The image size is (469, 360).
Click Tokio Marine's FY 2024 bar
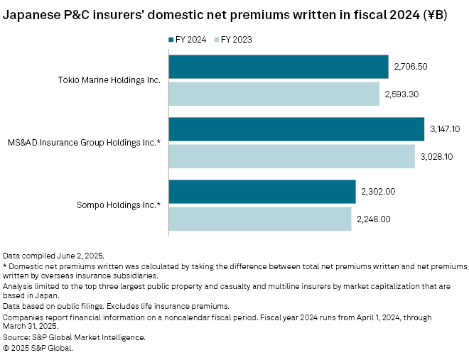click(279, 67)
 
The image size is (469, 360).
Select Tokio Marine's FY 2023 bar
click(274, 94)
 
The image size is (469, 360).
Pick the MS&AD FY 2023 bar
click(291, 156)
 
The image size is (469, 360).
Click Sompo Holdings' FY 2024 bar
click(262, 192)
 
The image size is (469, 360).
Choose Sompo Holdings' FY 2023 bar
click(260, 219)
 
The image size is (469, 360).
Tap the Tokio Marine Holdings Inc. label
click(109, 80)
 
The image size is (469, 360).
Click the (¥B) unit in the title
click(433, 13)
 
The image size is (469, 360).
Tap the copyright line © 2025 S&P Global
click(38, 348)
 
